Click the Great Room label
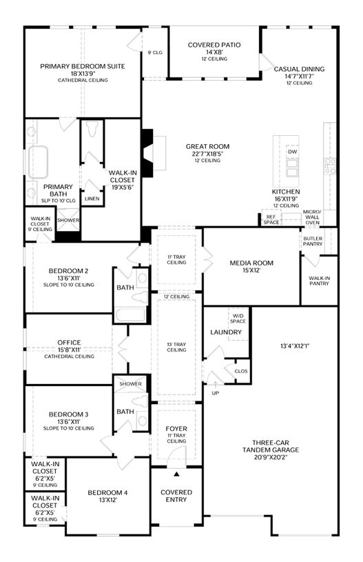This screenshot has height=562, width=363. [x=207, y=146]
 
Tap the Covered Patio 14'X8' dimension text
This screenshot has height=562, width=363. [x=214, y=52]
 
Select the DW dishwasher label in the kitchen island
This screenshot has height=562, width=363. [x=293, y=152]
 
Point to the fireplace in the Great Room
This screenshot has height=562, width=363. [x=147, y=153]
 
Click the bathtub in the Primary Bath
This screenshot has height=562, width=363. [x=39, y=162]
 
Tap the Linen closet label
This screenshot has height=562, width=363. [x=92, y=199]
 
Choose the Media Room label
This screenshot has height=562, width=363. [x=251, y=263]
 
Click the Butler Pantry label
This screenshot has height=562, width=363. [x=313, y=241]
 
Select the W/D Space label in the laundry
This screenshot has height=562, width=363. [x=238, y=319]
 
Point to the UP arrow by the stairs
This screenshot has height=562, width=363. [x=216, y=385]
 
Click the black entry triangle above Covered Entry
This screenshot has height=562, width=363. [x=176, y=474]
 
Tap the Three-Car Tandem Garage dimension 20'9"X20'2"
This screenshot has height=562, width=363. [x=270, y=457]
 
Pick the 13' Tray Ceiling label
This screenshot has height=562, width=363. [x=176, y=347]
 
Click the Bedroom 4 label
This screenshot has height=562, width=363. [x=107, y=493]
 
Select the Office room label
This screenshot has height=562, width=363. [x=69, y=342]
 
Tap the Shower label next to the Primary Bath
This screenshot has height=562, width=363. [x=68, y=220]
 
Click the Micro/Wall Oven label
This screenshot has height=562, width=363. [x=312, y=217]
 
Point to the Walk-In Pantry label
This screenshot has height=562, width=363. [x=319, y=281]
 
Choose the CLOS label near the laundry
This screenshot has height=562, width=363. [x=241, y=371]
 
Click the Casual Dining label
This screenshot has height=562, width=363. [x=299, y=69]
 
